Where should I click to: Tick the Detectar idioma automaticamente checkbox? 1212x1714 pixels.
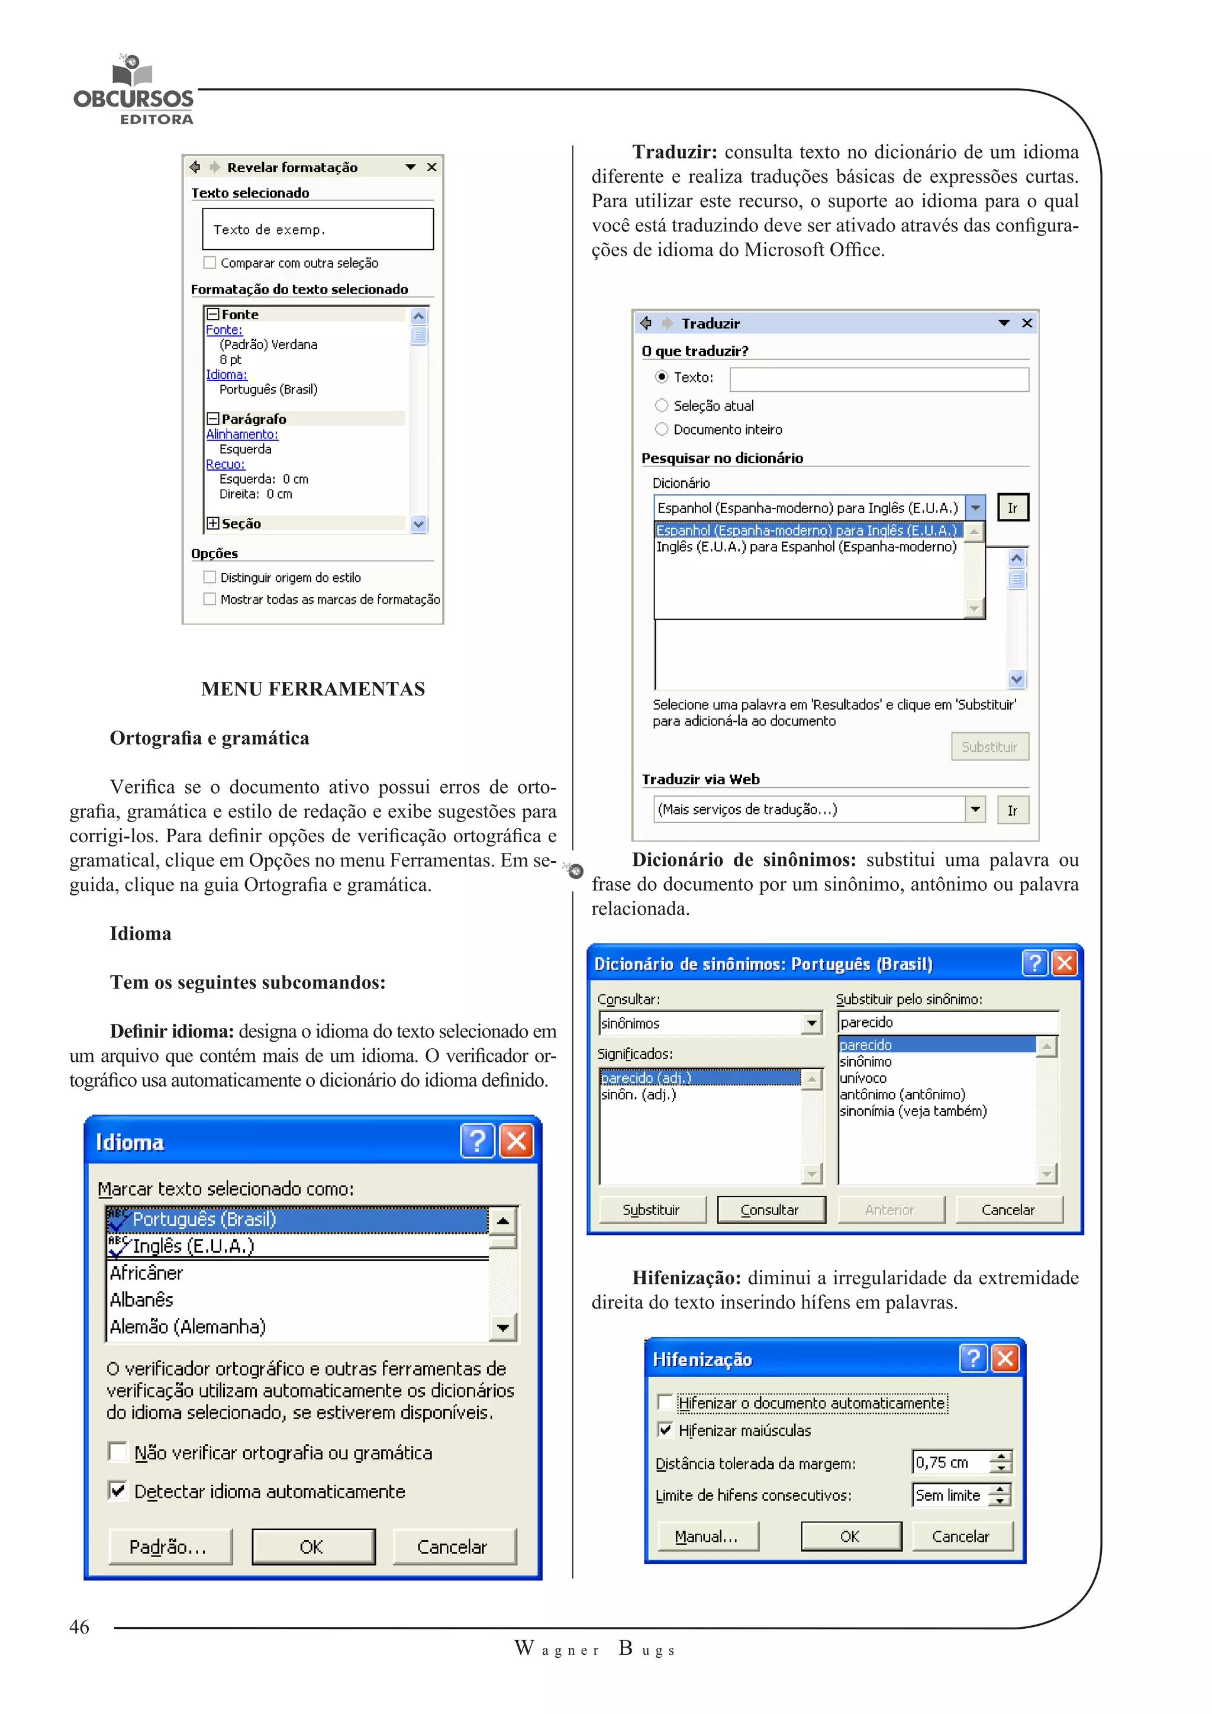(x=118, y=1490)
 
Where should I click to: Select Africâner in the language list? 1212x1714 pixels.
(x=147, y=1273)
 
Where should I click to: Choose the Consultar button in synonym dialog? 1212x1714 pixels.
(x=770, y=1209)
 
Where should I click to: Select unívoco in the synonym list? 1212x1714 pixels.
(x=863, y=1078)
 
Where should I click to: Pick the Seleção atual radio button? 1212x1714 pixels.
(x=661, y=405)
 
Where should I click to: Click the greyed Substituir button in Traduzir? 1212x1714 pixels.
(x=989, y=746)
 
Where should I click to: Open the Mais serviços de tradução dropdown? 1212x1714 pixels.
(x=975, y=809)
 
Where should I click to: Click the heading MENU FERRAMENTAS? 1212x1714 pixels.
(x=312, y=688)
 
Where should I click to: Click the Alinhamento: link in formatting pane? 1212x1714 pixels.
(x=242, y=434)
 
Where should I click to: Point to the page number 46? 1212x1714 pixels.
(x=79, y=1626)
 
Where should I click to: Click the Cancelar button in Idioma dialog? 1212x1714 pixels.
(x=452, y=1546)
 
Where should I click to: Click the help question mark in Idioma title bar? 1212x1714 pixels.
(x=477, y=1140)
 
